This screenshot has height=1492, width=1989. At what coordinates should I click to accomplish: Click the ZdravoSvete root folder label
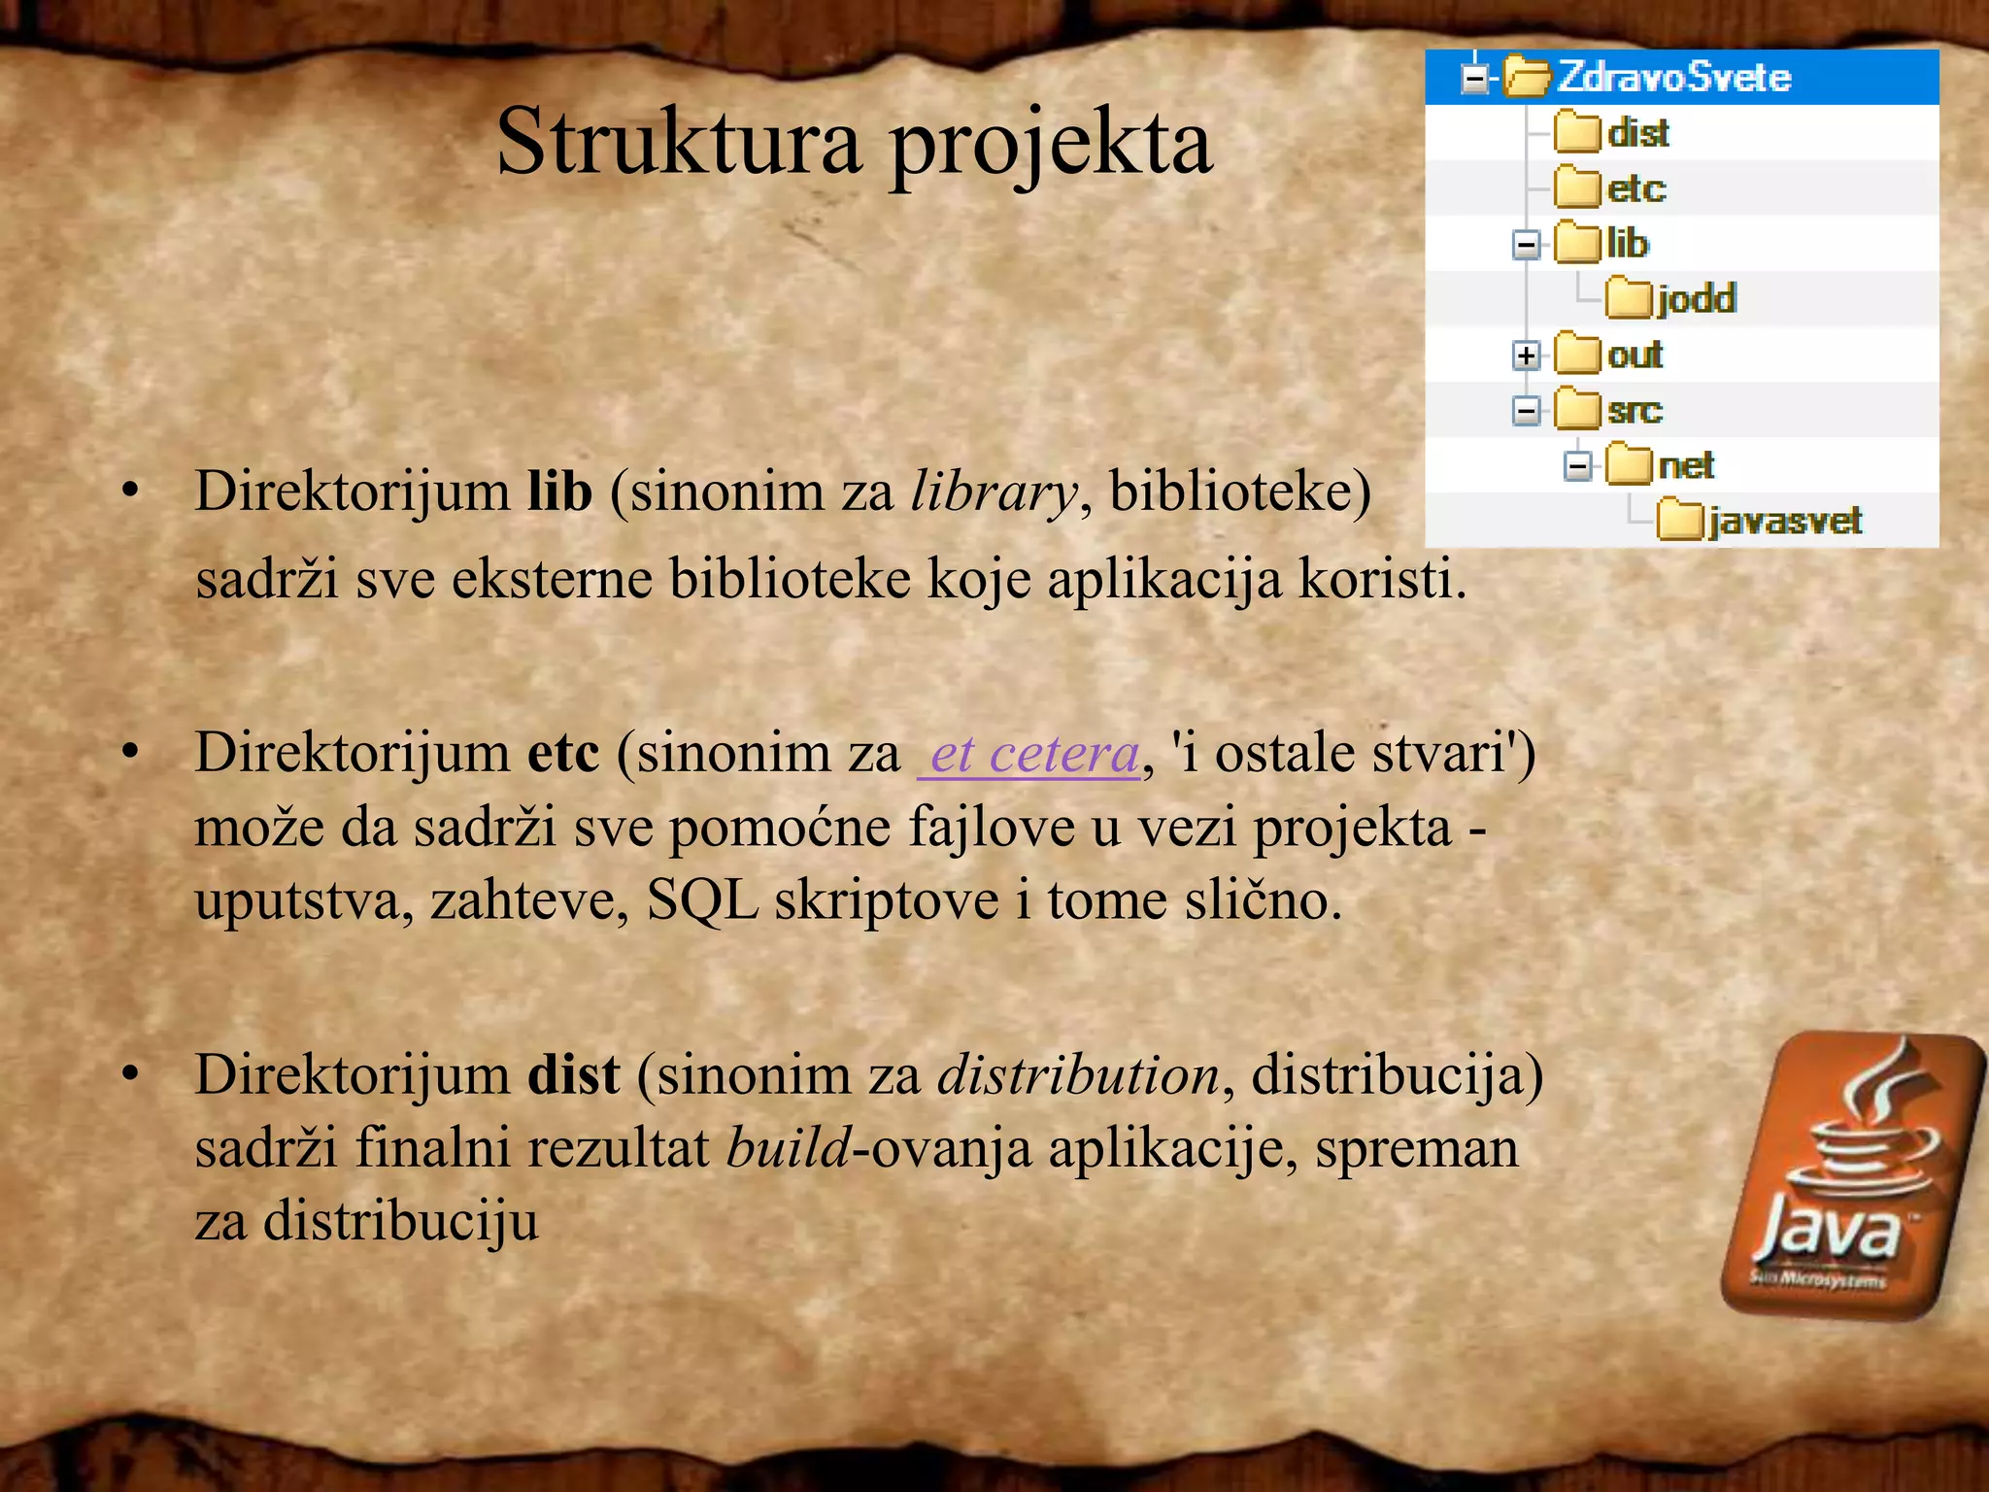(1673, 78)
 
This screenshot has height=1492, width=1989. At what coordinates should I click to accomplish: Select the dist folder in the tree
(1637, 133)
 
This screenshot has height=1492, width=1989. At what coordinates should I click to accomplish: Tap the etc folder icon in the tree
(1576, 187)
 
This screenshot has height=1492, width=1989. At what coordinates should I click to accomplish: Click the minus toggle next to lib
(1526, 245)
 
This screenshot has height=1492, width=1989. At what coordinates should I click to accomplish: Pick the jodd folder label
(1696, 298)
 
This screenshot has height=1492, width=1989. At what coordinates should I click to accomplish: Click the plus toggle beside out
(1526, 356)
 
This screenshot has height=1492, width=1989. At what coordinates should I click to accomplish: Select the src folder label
(1635, 410)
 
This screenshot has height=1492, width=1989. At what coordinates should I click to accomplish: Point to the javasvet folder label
(1785, 522)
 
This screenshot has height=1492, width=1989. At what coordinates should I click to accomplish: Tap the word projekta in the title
(1051, 143)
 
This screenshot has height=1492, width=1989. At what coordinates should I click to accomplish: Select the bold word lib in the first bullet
(559, 491)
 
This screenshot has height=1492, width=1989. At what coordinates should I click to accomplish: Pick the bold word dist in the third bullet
(573, 1075)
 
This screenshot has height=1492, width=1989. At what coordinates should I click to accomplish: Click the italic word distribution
(1078, 1075)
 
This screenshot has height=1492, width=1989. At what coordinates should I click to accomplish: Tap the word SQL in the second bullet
(702, 900)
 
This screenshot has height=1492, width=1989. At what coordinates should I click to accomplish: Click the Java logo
(1851, 1175)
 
